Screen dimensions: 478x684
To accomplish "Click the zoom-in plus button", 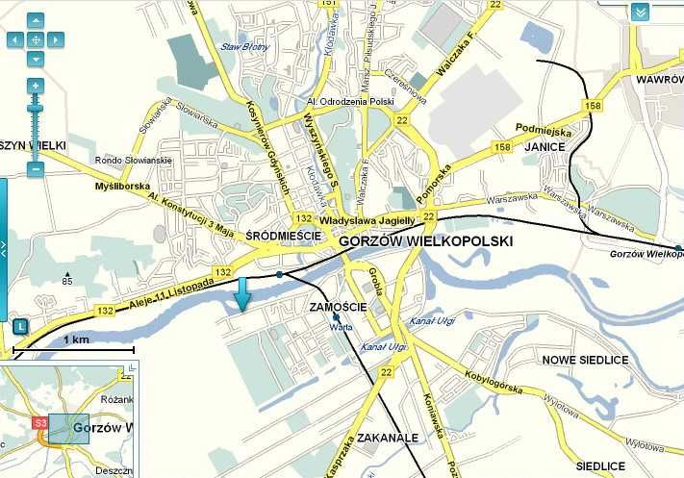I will (36, 86).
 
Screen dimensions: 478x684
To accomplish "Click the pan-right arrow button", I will (55, 39).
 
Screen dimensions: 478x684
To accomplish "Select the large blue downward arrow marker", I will (242, 294).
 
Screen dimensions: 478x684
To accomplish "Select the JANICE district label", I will (544, 148).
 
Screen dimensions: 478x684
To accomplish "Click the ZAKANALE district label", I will (387, 437).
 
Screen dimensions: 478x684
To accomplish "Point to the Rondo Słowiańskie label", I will (133, 161).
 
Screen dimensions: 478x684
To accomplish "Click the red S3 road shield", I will (40, 422).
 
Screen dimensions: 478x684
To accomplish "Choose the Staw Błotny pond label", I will (242, 45).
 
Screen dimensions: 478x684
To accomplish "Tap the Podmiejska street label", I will (545, 130).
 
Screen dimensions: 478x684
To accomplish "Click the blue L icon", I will (20, 326).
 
